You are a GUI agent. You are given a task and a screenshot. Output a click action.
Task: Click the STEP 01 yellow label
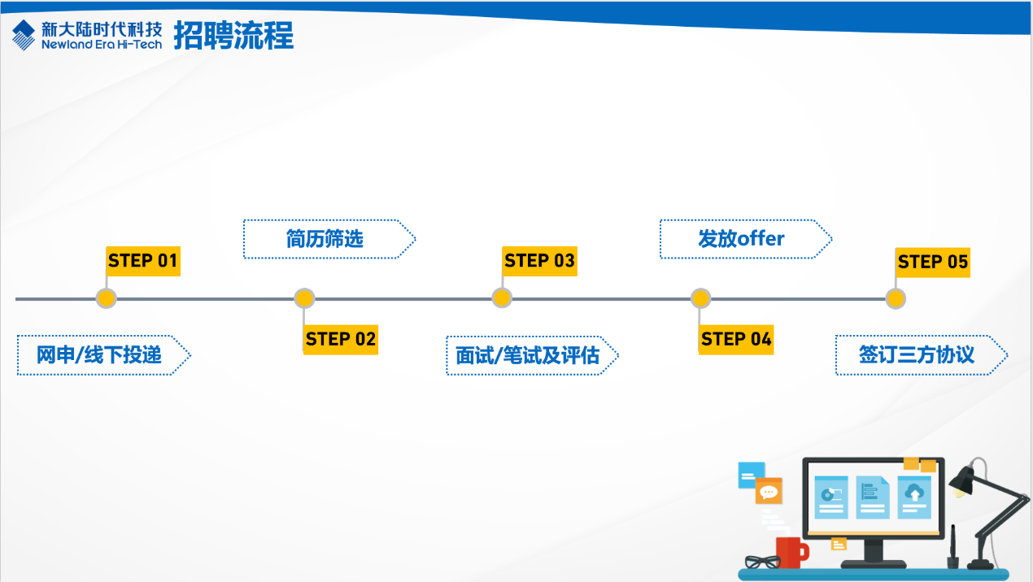pos(142,261)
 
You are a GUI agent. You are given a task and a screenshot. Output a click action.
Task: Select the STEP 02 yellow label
pos(341,339)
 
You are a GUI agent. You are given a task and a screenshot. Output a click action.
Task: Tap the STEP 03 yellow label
pos(539,261)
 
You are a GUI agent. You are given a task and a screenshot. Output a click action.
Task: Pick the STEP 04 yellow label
pos(736,339)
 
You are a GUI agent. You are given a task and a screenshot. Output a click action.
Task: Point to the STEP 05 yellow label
pos(933,262)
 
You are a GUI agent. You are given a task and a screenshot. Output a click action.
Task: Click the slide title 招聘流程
pos(233,35)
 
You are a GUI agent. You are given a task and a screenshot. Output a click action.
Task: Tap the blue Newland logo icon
pos(24,35)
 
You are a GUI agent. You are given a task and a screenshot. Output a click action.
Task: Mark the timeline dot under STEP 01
pos(106,298)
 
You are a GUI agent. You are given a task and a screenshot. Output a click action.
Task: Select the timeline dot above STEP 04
pos(700,298)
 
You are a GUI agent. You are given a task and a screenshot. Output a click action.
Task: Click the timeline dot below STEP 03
pos(502,298)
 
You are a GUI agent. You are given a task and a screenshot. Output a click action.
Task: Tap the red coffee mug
pos(789,552)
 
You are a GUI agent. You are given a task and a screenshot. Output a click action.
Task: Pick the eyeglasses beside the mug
pos(761,562)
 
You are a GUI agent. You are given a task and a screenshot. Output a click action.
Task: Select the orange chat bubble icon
pos(768,491)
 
